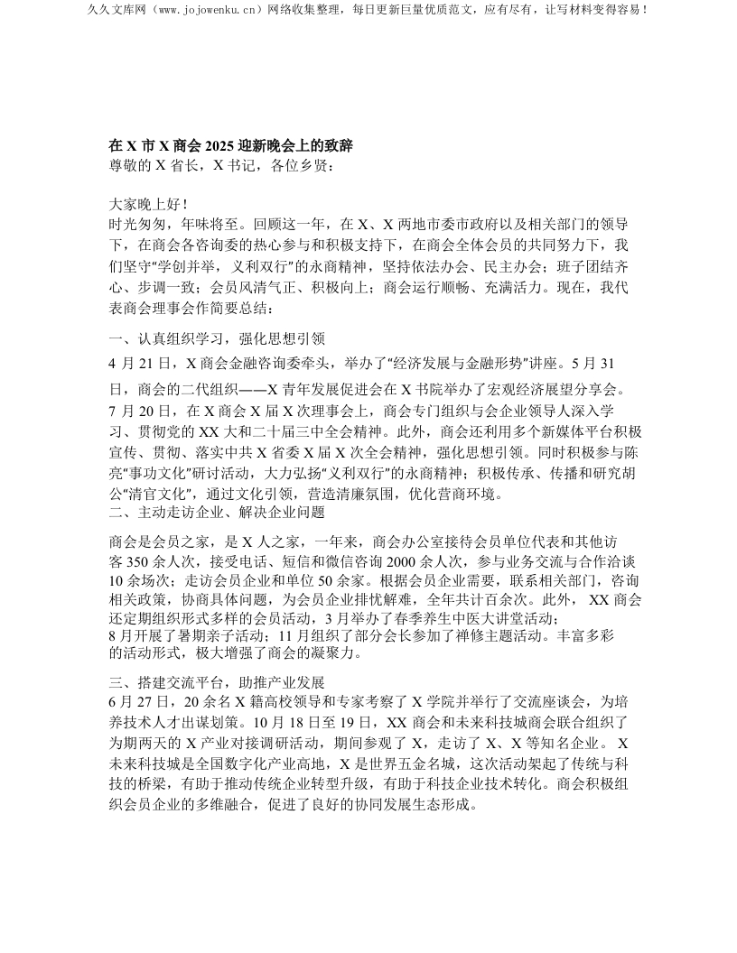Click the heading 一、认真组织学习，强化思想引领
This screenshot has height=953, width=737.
210,339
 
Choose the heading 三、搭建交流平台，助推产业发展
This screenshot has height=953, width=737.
210,681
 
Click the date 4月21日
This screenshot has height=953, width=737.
142,364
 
